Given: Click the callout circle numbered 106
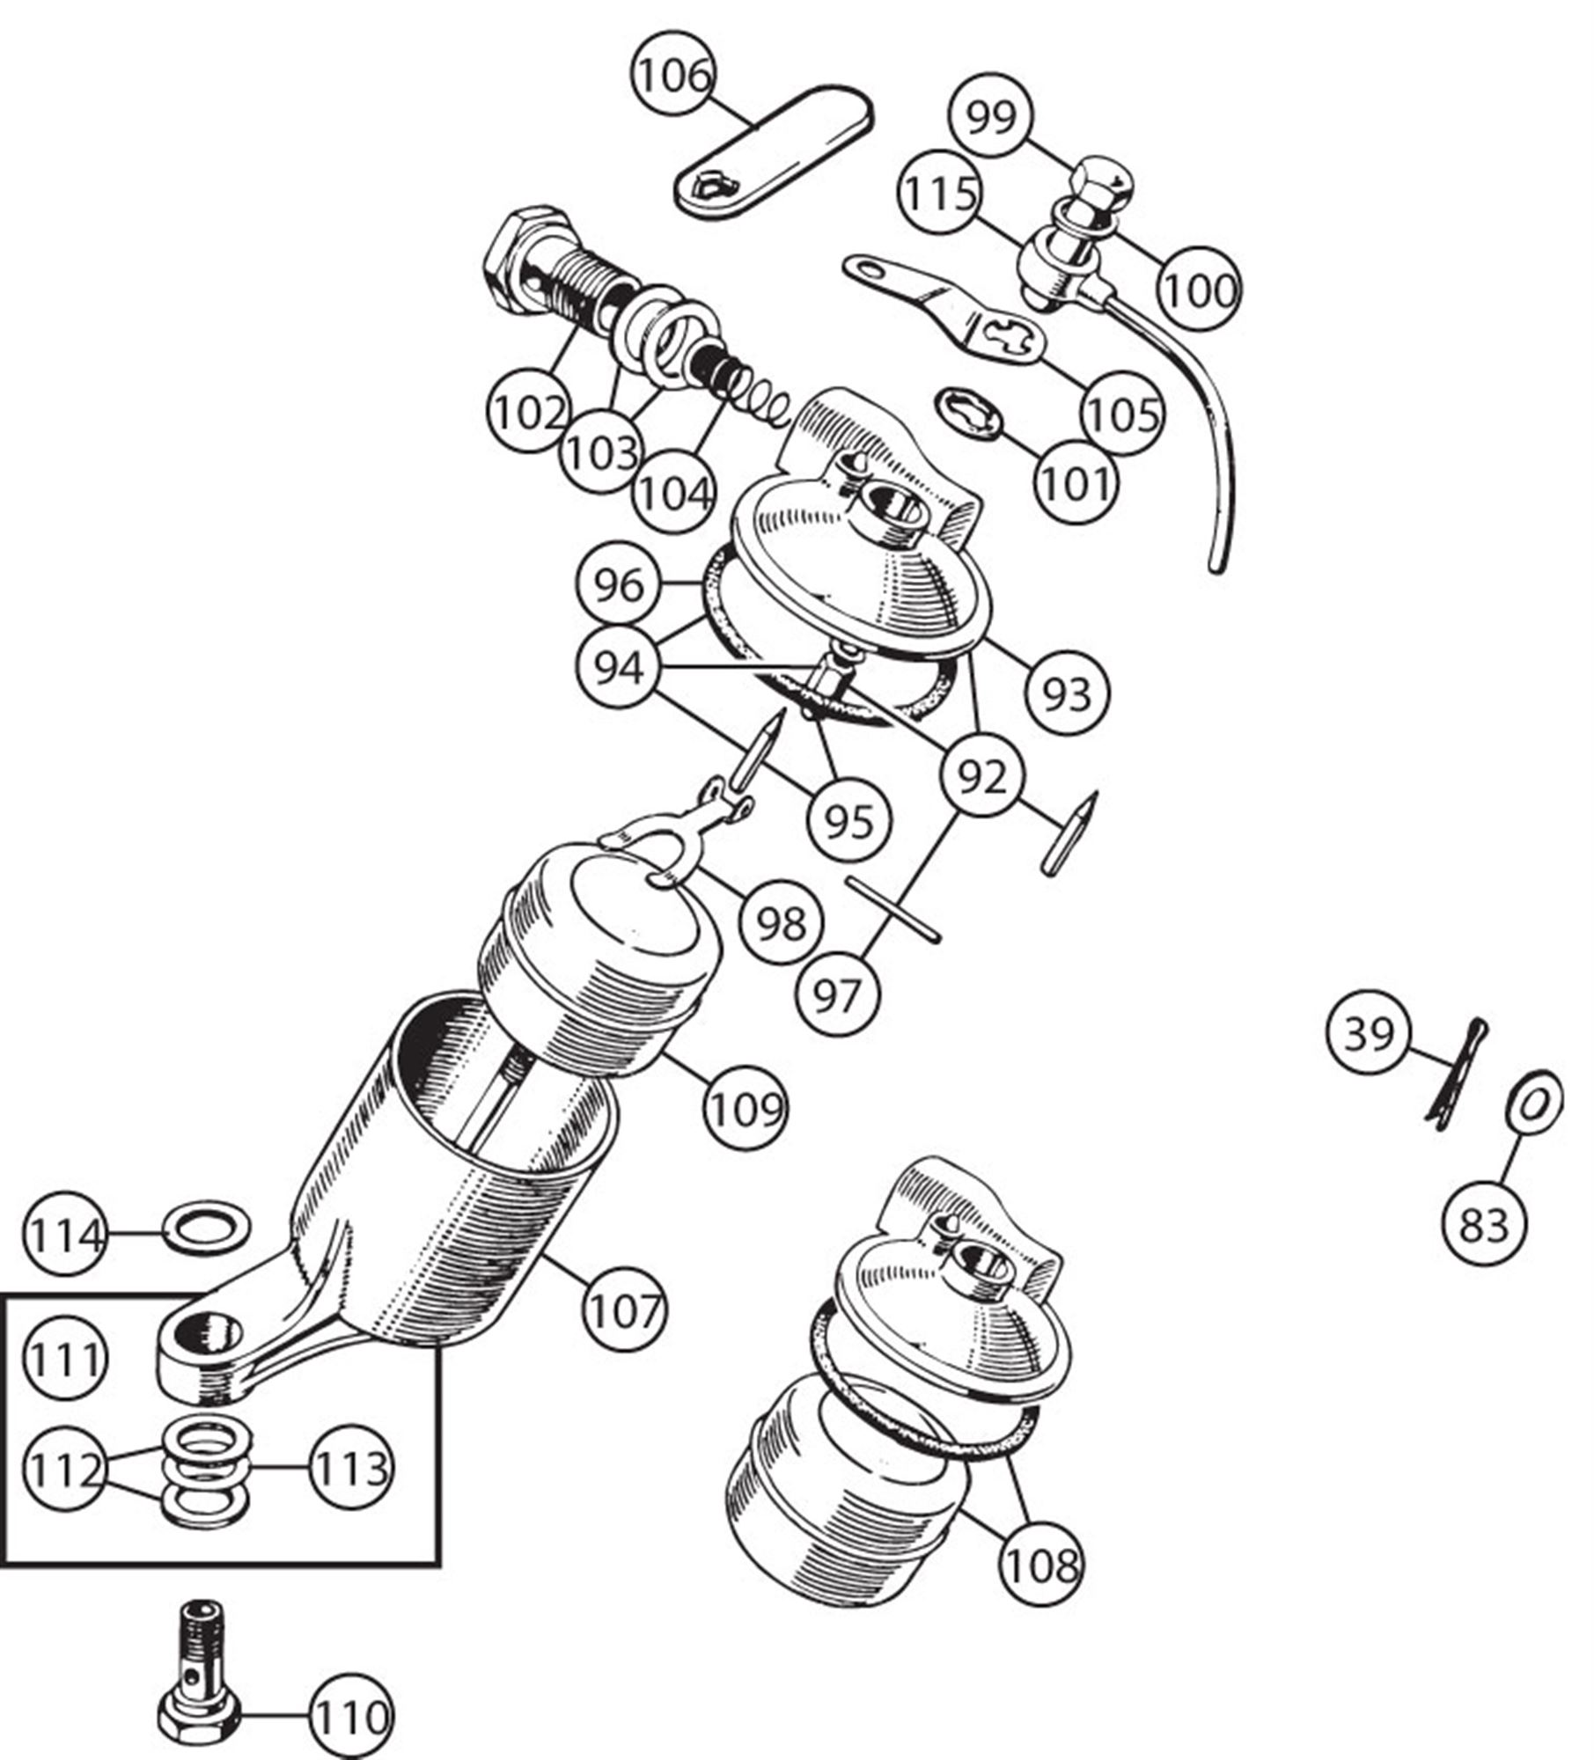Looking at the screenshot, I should [673, 76].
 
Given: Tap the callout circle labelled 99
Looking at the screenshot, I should [990, 116].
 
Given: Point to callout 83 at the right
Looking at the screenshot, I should [1484, 1224].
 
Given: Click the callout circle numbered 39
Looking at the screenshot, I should [1369, 1033].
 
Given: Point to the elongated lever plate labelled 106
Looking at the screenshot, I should [775, 150].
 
